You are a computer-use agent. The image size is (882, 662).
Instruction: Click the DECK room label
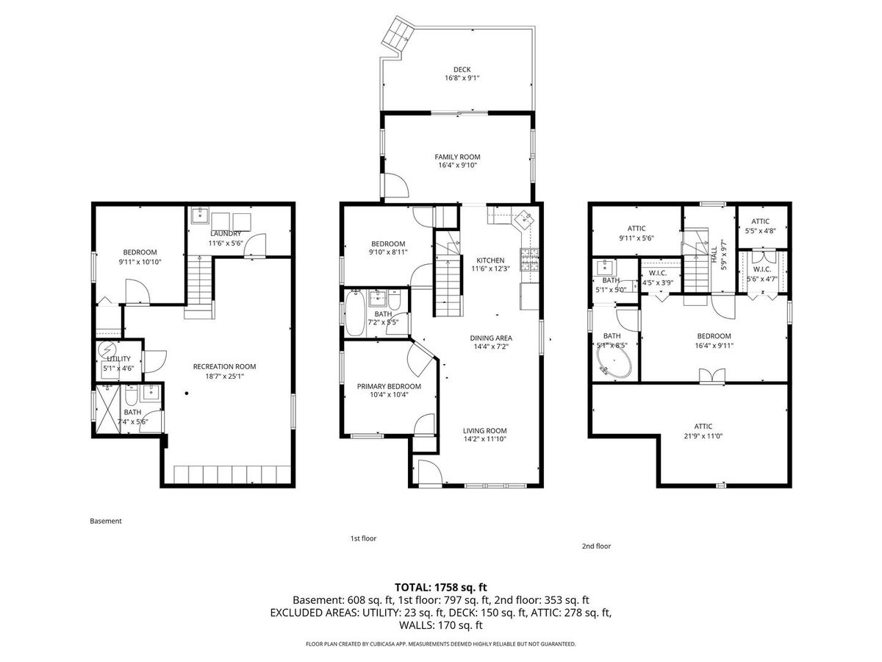tap(462, 70)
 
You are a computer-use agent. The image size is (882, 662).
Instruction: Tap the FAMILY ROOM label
tap(457, 157)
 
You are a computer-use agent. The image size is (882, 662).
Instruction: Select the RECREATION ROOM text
tap(224, 366)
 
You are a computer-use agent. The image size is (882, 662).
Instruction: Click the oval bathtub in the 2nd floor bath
tap(614, 363)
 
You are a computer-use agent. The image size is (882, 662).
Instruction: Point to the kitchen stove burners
tap(530, 260)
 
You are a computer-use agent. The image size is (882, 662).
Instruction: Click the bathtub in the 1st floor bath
tap(355, 313)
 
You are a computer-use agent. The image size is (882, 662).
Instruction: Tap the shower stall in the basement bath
tap(107, 409)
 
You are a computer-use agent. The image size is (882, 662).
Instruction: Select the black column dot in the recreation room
tap(187, 393)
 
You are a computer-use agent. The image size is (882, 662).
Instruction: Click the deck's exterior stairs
tap(397, 33)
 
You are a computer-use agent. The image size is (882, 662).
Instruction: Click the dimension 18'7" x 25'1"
tap(224, 377)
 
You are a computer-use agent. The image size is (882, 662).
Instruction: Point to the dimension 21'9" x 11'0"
tap(703, 436)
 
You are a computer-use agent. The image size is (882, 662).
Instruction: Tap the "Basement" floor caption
tap(106, 521)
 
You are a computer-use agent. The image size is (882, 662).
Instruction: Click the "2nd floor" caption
tap(596, 546)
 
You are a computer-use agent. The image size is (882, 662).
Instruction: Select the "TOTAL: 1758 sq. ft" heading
tap(441, 587)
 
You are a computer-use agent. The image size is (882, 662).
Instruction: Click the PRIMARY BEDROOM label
tap(389, 386)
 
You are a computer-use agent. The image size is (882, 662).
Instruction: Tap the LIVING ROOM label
tap(484, 430)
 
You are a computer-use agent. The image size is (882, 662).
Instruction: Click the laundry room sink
tap(200, 216)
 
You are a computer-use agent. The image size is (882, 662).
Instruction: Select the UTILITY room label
tap(118, 358)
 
